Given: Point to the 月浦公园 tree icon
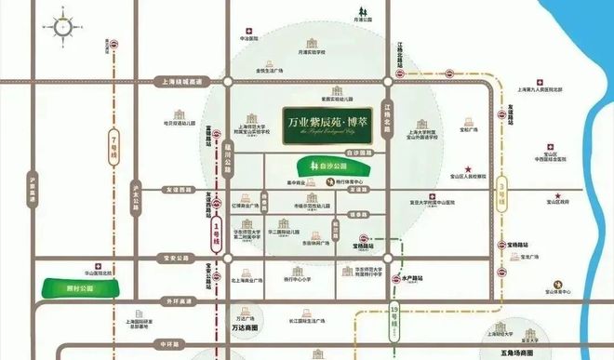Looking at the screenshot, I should pos(359,12).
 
